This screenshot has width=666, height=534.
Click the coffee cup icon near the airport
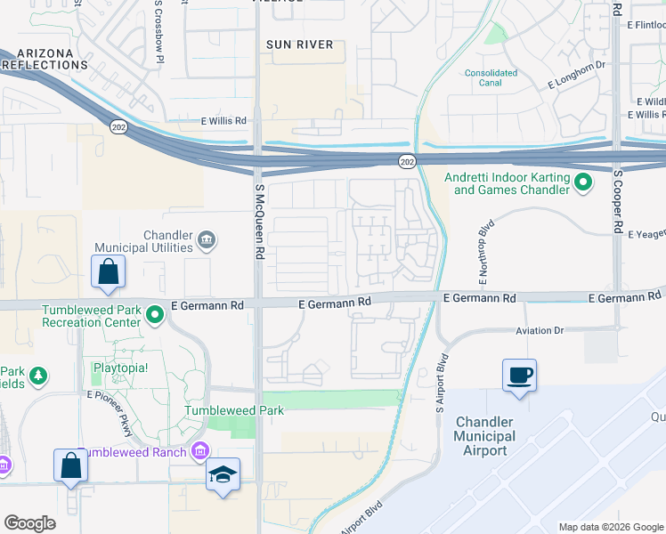pyautogui.click(x=519, y=375)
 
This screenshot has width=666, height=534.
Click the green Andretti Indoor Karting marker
pyautogui.click(x=583, y=183)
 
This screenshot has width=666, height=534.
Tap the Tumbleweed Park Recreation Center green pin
pyautogui.click(x=155, y=313)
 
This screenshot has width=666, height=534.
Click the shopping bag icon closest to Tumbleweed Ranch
pyautogui.click(x=70, y=465)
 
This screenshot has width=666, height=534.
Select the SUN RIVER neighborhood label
pyautogui.click(x=299, y=44)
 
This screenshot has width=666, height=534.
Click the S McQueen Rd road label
pyautogui.click(x=260, y=229)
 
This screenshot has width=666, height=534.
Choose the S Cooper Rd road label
pyautogui.click(x=616, y=200)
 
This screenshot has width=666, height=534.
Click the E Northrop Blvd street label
pyautogui.click(x=484, y=254)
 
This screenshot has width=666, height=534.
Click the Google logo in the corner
pyautogui.click(x=30, y=522)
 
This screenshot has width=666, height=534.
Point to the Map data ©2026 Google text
pyautogui.click(x=609, y=527)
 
